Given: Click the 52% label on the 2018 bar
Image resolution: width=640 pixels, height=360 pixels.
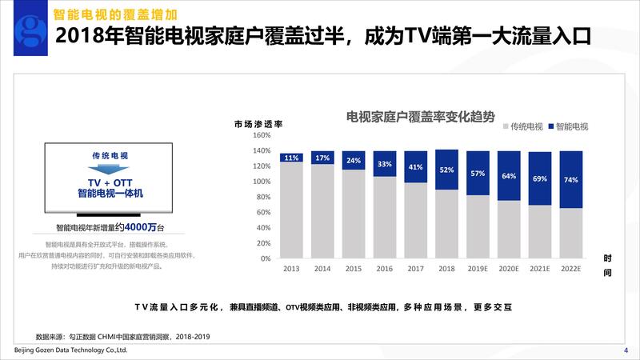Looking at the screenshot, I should [447, 170].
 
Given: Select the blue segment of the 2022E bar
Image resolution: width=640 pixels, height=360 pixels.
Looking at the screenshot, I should [571, 180].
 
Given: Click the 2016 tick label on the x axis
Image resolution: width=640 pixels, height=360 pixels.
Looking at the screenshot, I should [385, 269].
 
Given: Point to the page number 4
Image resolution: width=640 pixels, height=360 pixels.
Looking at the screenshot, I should [626, 350].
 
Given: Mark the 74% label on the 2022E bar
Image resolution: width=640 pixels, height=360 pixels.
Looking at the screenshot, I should [571, 180].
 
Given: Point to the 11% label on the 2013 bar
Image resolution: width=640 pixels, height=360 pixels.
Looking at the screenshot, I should [291, 158].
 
